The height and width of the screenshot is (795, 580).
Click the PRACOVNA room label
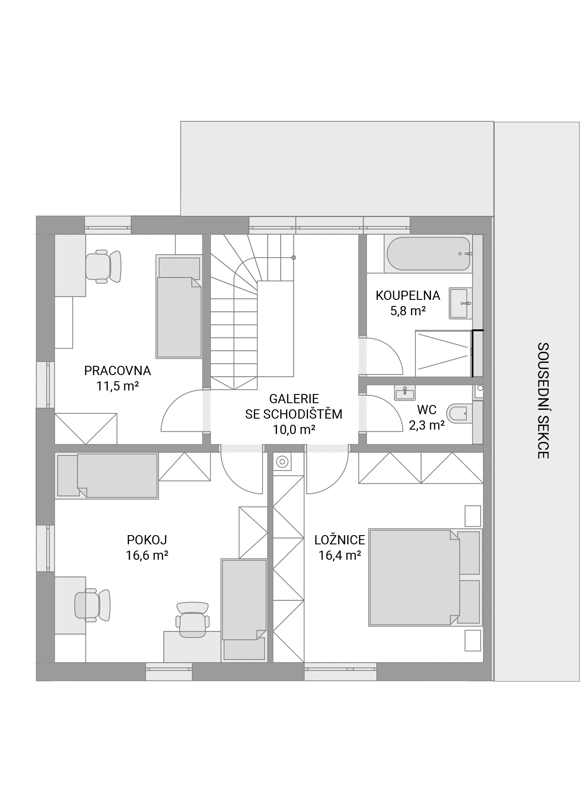[117, 371]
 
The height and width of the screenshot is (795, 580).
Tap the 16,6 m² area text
[147, 555]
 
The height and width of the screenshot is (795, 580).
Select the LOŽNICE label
[340, 540]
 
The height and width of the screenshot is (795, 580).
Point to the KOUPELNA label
[408, 295]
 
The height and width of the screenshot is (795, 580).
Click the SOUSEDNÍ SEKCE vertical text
[543, 401]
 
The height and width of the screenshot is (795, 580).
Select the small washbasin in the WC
[404, 393]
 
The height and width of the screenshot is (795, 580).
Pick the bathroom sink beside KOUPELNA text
[460, 303]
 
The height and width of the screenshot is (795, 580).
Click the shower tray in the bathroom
[443, 354]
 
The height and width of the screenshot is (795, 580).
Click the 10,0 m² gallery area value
[294, 430]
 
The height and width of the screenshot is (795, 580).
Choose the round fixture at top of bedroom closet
[282, 462]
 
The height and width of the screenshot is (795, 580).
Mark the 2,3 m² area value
[426, 425]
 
